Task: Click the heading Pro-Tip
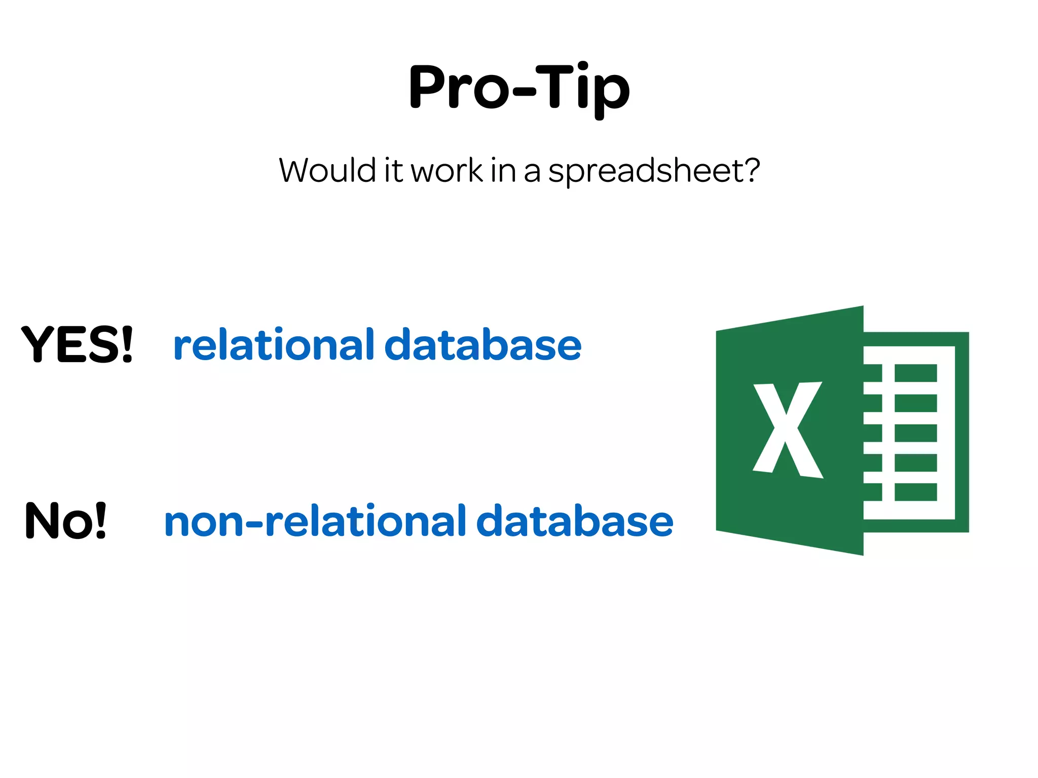519,87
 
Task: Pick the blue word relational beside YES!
274,345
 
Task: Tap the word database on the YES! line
483,345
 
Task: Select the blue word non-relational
315,521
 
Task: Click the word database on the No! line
575,521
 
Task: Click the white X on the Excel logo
787,430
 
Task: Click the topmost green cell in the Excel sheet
915,373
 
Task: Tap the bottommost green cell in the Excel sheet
915,492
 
